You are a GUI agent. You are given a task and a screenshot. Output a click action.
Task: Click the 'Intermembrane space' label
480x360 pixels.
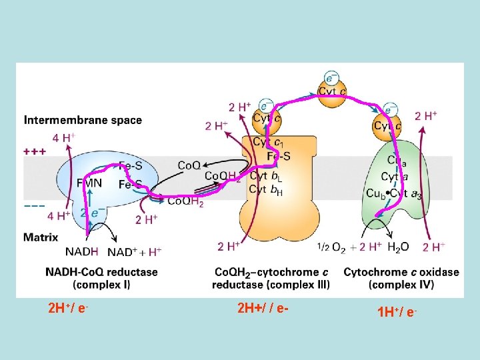click(83, 121)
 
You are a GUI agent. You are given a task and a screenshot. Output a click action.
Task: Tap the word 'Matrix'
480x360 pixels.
click(41, 237)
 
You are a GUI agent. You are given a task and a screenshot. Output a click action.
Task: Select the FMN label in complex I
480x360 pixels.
click(89, 181)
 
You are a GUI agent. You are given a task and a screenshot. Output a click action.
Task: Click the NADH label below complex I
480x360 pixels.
click(82, 251)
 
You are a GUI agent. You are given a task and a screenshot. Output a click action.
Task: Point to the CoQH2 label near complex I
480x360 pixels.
click(185, 201)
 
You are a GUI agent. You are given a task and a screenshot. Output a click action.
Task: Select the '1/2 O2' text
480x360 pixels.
click(331, 248)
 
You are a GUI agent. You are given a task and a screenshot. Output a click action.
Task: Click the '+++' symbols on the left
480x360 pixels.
click(35, 152)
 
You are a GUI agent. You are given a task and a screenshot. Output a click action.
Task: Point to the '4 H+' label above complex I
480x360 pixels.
click(64, 138)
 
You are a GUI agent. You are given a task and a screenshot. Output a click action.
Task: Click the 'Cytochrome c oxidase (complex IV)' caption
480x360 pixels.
click(401, 278)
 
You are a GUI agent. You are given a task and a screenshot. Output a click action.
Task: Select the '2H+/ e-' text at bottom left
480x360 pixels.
click(69, 309)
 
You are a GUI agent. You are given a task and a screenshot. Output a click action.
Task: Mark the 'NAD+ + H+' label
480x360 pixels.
click(134, 252)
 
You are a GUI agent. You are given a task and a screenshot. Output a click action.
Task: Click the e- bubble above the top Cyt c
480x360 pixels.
click(331, 78)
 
